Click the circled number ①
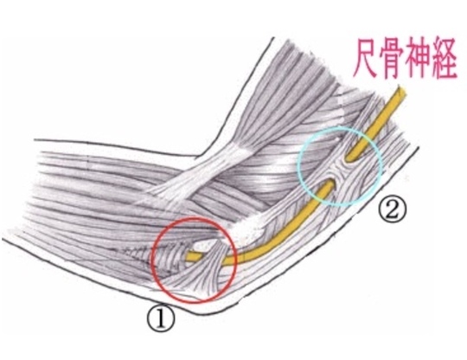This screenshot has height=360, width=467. click(161, 319)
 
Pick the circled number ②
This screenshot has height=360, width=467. click(393, 210)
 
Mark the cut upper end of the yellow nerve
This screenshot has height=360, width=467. click(401, 90)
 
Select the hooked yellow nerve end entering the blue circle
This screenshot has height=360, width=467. click(350, 157)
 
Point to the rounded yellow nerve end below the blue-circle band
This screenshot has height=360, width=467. click(329, 184)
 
